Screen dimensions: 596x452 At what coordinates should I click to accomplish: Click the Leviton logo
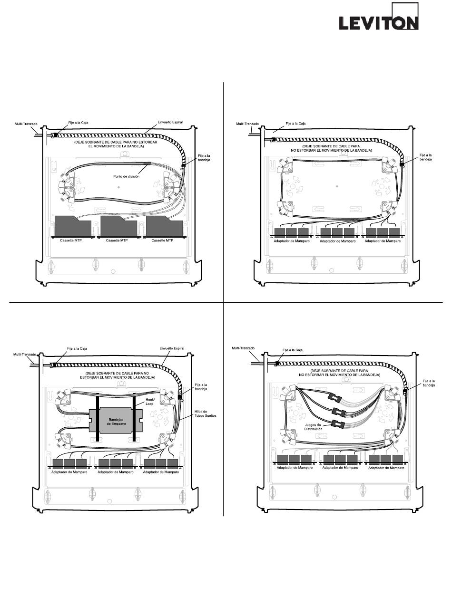coord(378,22)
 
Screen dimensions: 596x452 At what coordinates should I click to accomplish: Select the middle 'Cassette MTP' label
coord(118,241)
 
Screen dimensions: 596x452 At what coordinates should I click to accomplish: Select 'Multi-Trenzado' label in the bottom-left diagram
coord(26,354)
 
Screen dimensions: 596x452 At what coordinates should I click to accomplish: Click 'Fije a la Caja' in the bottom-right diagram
coord(293,350)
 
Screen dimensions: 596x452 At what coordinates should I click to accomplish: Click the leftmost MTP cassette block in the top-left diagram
coord(72,227)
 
